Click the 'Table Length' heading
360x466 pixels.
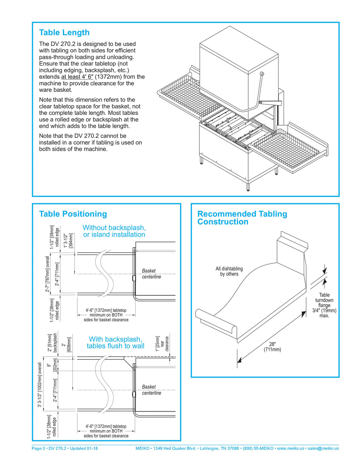click(x=64, y=33)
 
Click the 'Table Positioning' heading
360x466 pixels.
click(x=73, y=214)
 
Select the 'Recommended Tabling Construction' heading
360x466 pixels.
click(x=242, y=218)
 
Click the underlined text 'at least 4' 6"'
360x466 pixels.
click(x=77, y=77)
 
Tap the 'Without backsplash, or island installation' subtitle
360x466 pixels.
click(x=114, y=231)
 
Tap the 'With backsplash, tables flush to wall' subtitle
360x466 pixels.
click(x=115, y=343)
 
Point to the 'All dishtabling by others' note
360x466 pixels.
click(x=229, y=271)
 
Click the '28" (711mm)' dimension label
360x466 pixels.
click(x=272, y=347)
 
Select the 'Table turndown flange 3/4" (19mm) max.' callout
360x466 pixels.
click(x=324, y=305)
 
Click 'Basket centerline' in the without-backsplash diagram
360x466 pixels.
click(x=151, y=274)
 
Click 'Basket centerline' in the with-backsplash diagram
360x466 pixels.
click(x=151, y=390)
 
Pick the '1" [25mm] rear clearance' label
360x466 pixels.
click(x=162, y=343)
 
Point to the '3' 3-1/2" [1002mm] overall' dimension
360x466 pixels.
click(x=40, y=385)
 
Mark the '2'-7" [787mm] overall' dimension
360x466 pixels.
click(x=47, y=274)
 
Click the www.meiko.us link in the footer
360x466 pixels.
click(x=290, y=448)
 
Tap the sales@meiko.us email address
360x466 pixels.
click(x=323, y=448)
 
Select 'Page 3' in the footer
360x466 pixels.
click(x=38, y=448)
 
